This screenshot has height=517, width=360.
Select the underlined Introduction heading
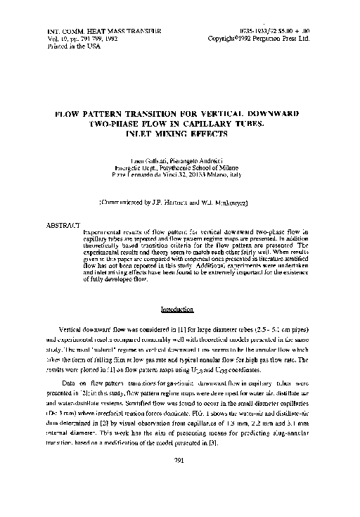[x=177, y=309]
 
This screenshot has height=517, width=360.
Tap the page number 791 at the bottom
[x=179, y=481]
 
